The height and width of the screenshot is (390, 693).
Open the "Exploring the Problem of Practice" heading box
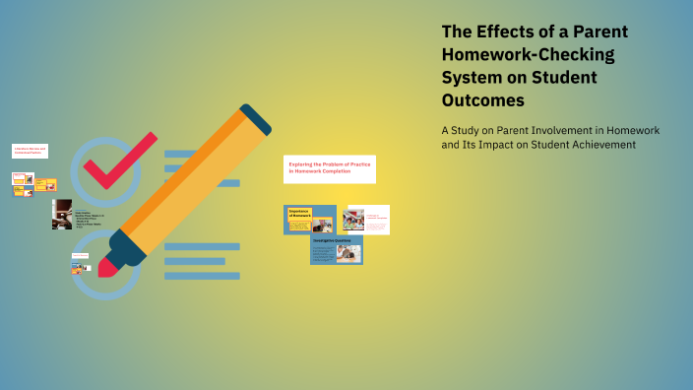pyautogui.click(x=329, y=168)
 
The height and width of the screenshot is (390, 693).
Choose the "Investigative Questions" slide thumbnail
pyautogui.click(x=337, y=250)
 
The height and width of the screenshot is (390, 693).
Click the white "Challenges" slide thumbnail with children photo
pyautogui.click(x=365, y=219)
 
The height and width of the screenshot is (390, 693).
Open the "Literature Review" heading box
pyautogui.click(x=30, y=151)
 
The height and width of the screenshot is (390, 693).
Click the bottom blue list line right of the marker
pyautogui.click(x=202, y=276)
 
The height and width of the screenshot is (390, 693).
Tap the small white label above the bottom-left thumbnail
pyautogui.click(x=80, y=256)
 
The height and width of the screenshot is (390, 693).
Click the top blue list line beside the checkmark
pyautogui.click(x=187, y=154)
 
